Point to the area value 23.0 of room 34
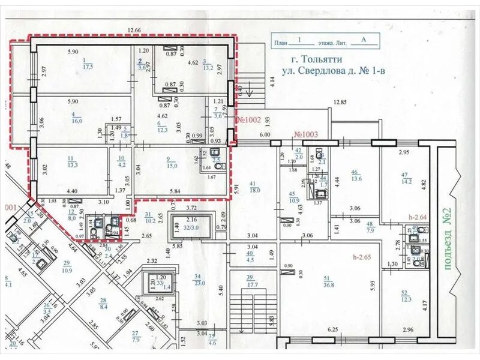point(199,283)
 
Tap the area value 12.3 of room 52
point(407,299)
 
